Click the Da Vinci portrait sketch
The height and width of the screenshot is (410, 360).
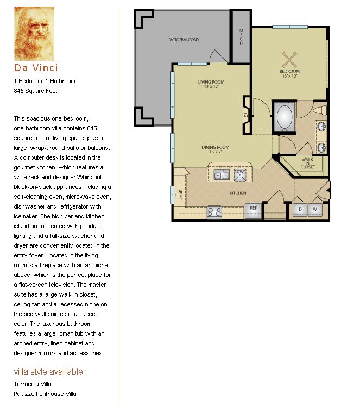[x=34, y=34]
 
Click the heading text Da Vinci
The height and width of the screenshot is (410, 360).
[x=36, y=68]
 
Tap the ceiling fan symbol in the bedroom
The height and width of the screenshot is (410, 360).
[x=289, y=60]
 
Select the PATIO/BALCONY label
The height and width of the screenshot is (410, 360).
[x=184, y=40]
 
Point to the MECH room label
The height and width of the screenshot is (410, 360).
[x=241, y=37]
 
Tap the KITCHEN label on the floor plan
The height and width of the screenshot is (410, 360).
[x=238, y=193]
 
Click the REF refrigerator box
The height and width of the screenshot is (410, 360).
[x=254, y=211]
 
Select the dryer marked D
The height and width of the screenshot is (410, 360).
[x=300, y=210]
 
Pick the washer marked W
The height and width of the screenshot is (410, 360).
[x=315, y=210]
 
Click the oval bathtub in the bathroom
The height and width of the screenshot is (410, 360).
[x=285, y=117]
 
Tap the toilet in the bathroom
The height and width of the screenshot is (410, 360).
[x=320, y=110]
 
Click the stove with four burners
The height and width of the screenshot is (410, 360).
[x=214, y=212]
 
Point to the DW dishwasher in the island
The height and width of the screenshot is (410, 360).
[x=240, y=175]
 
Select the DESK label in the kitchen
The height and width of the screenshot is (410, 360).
[x=180, y=195]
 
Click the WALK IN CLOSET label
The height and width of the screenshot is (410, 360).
[x=308, y=163]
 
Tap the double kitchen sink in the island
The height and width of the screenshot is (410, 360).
[x=222, y=175]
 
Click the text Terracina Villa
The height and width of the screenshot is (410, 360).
[x=33, y=384]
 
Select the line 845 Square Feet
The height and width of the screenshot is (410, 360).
[x=35, y=91]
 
